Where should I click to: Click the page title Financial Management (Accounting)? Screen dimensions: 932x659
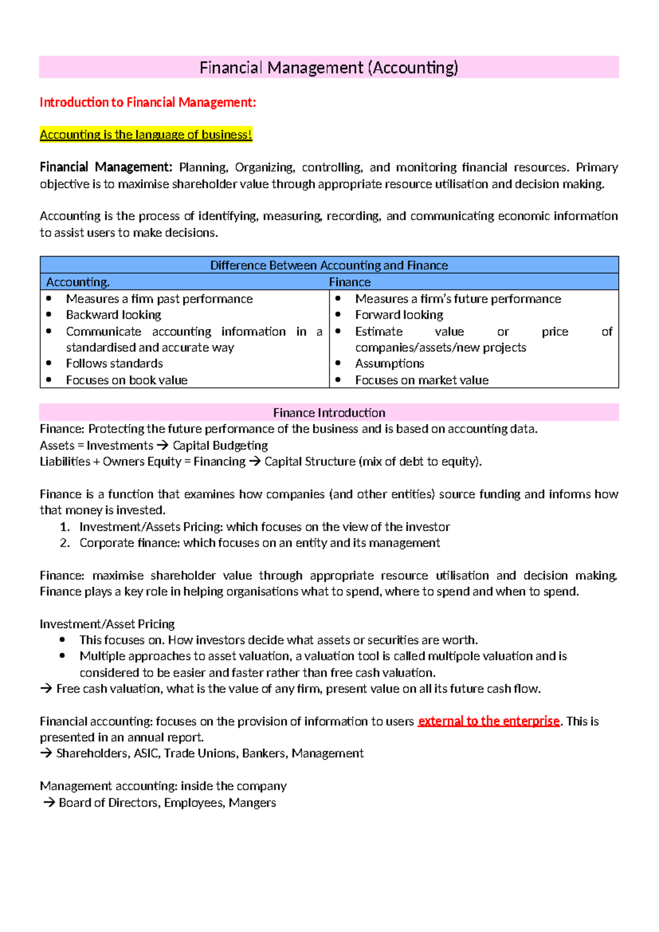pyautogui.click(x=328, y=68)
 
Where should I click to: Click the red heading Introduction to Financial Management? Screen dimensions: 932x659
pyautogui.click(x=148, y=102)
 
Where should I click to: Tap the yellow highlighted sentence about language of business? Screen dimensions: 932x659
pyautogui.click(x=146, y=135)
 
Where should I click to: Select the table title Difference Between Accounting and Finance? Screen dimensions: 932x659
pyautogui.click(x=329, y=265)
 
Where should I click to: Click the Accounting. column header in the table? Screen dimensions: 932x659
pyautogui.click(x=78, y=282)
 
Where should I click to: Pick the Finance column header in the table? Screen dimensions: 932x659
pyautogui.click(x=350, y=282)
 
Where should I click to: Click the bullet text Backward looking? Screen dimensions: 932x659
pyautogui.click(x=114, y=315)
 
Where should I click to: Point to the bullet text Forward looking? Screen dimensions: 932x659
pyautogui.click(x=399, y=315)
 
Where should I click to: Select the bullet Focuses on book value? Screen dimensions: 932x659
pyautogui.click(x=126, y=380)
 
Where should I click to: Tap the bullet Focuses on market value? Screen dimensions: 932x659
pyautogui.click(x=421, y=380)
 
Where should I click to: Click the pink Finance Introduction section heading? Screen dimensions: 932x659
pyautogui.click(x=329, y=413)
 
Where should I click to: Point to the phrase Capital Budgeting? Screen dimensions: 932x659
pyautogui.click(x=220, y=446)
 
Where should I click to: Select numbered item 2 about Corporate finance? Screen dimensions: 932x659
pyautogui.click(x=259, y=543)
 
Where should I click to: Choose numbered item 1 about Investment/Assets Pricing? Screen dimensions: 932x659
pyautogui.click(x=264, y=527)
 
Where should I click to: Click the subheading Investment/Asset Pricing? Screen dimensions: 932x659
pyautogui.click(x=107, y=624)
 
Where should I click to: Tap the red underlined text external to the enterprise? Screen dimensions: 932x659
pyautogui.click(x=488, y=721)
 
